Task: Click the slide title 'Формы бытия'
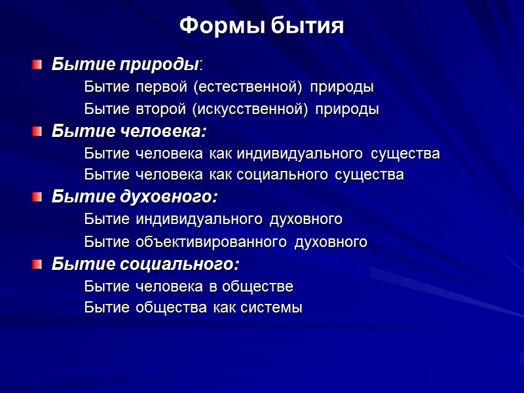tap(261, 27)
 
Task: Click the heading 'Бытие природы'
tap(125, 65)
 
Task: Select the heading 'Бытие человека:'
tap(129, 132)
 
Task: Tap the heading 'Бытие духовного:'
tap(134, 197)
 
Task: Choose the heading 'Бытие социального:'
tap(145, 265)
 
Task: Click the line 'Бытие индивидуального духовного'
tap(214, 219)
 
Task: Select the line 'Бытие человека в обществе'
tap(189, 287)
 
